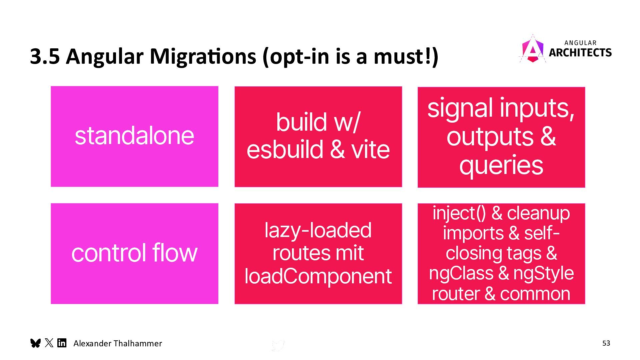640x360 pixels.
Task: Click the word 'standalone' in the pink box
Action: (x=134, y=136)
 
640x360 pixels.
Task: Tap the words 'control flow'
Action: (x=134, y=253)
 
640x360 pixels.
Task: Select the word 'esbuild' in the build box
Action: (x=285, y=150)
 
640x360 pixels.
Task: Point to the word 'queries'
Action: (x=501, y=165)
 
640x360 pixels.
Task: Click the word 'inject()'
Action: (x=459, y=213)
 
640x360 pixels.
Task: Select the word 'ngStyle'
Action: (x=543, y=273)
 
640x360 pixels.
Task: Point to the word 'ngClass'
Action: (x=461, y=273)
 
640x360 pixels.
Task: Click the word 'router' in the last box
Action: (x=455, y=294)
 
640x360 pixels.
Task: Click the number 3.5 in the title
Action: (x=45, y=56)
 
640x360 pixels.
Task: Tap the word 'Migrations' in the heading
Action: (x=203, y=56)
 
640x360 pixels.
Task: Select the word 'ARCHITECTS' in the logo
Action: (x=580, y=53)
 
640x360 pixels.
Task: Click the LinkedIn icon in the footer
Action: (x=62, y=343)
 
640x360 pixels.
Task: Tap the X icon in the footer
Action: (x=49, y=343)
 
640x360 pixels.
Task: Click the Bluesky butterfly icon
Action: (x=35, y=343)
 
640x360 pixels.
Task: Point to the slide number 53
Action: (x=606, y=343)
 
